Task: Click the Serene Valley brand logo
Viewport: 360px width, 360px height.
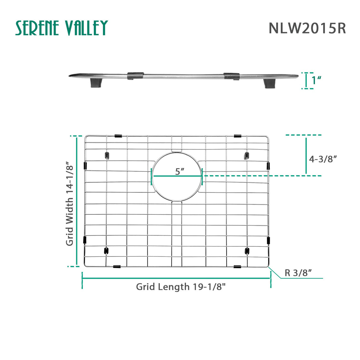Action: pyautogui.click(x=61, y=28)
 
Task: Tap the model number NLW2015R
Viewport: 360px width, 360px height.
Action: pyautogui.click(x=307, y=28)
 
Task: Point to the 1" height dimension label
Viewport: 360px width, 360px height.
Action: pyautogui.click(x=316, y=80)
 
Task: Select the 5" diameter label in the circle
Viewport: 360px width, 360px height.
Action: pyautogui.click(x=180, y=171)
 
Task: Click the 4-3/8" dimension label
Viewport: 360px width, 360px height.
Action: pyautogui.click(x=323, y=159)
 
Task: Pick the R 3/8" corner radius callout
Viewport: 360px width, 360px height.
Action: pyautogui.click(x=298, y=273)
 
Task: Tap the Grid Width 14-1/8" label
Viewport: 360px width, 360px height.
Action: pyautogui.click(x=69, y=203)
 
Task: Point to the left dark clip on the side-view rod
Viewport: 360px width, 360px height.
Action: pyautogui.click(x=135, y=76)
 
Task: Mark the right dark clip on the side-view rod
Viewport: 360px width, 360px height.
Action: pyautogui.click(x=232, y=76)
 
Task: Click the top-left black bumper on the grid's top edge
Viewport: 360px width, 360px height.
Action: pyautogui.click(x=118, y=136)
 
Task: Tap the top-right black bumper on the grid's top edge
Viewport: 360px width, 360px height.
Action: pyautogui.click(x=237, y=136)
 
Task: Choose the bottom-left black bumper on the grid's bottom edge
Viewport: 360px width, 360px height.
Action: pyautogui.click(x=117, y=267)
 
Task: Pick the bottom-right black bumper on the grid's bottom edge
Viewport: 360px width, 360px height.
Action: pyautogui.click(x=237, y=267)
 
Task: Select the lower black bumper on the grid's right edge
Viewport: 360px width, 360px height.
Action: pyautogui.click(x=268, y=240)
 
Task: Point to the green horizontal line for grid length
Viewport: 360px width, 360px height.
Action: pyautogui.click(x=176, y=278)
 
